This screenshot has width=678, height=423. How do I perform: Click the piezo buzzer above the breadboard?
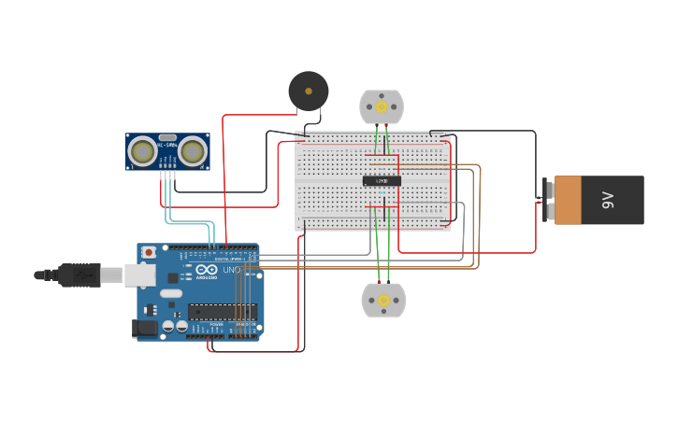309,92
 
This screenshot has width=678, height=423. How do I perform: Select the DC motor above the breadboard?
382,107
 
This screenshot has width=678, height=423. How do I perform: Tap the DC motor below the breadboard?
383,300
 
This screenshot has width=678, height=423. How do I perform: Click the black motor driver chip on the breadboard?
382,180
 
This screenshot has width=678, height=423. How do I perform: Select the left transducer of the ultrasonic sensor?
142,150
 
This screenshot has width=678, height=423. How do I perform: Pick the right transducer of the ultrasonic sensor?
193,150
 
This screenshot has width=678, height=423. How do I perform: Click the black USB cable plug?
79,275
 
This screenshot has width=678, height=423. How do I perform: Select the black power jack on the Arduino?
145,328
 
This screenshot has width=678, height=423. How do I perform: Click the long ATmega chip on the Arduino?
222,311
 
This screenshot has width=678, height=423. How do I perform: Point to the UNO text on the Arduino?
231,271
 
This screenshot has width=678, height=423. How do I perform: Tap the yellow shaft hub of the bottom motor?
383,300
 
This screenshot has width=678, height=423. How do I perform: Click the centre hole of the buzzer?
309,91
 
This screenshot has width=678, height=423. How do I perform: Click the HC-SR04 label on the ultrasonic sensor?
167,146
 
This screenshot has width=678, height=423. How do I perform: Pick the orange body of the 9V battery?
569,200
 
